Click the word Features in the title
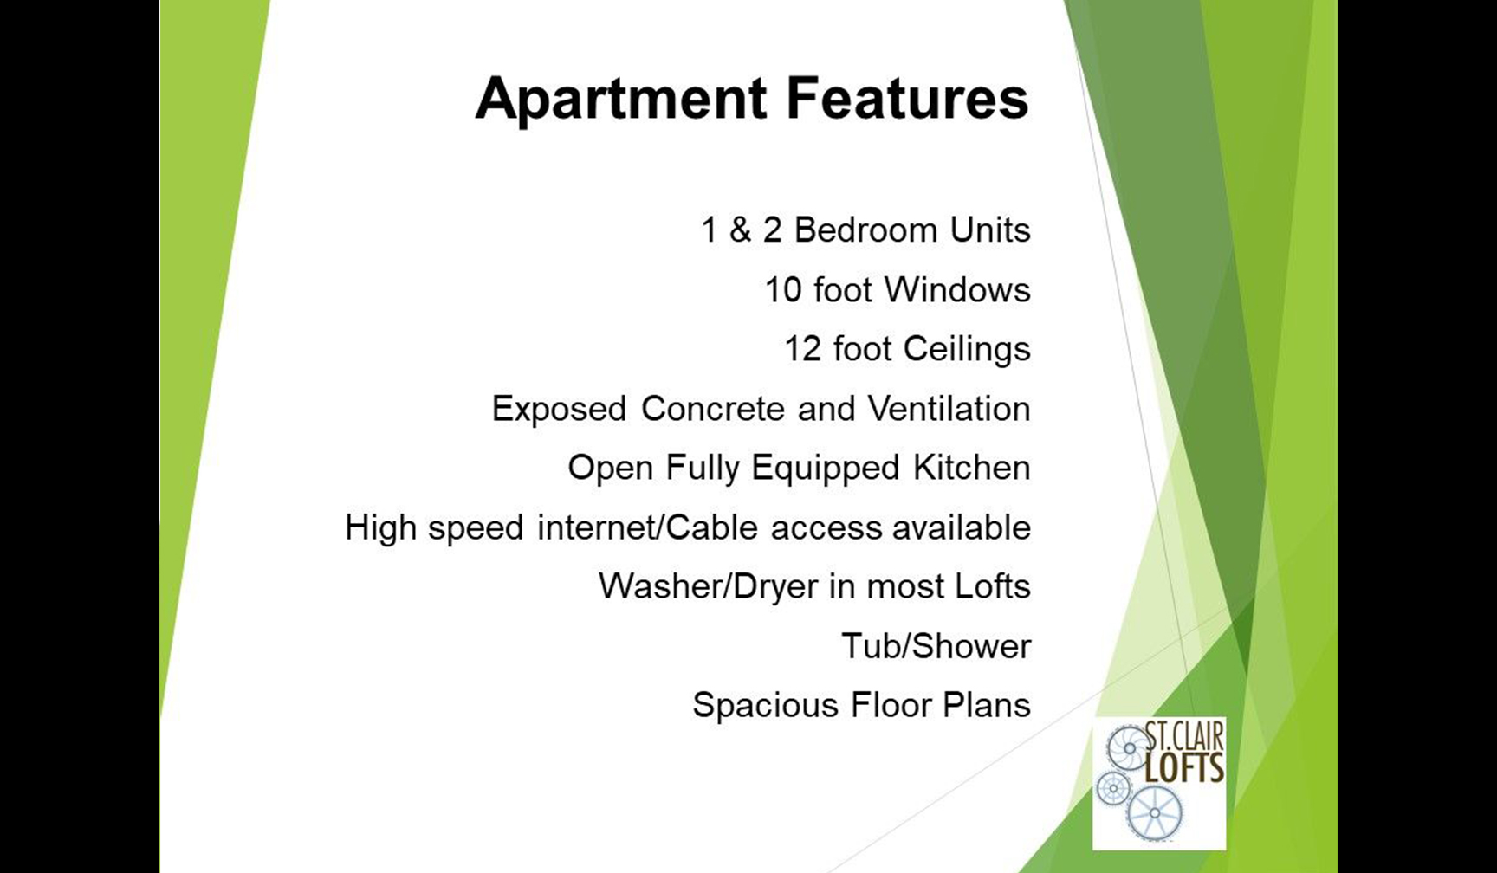point(907,97)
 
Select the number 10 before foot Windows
point(783,290)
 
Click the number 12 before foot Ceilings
point(802,349)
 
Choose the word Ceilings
point(967,350)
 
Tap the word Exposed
point(559,409)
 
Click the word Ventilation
point(949,408)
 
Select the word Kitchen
point(971,468)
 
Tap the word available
point(962,527)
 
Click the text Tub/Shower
point(936,646)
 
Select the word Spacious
point(765,706)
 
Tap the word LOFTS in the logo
point(1184,768)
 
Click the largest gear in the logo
point(1155,814)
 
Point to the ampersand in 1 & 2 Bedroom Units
point(740,230)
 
